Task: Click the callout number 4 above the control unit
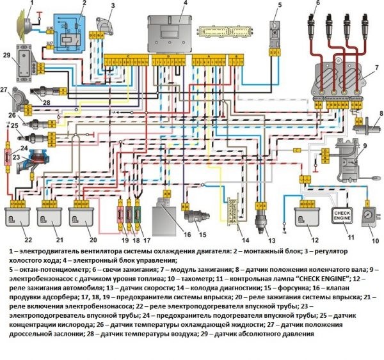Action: click(x=184, y=4)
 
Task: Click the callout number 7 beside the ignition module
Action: click(x=377, y=67)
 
